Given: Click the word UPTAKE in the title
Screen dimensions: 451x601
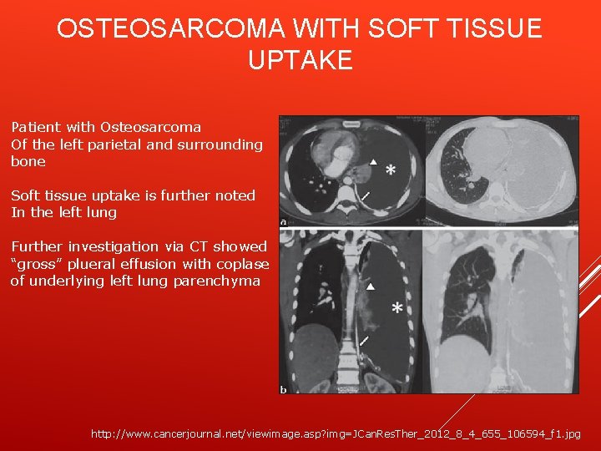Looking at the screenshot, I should [300, 60].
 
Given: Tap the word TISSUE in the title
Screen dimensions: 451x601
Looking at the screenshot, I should [487, 29].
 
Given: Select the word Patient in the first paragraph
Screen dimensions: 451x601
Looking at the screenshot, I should [36, 127].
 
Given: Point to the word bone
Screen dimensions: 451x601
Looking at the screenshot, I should [28, 161].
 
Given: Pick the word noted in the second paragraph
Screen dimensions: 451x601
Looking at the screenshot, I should [235, 195].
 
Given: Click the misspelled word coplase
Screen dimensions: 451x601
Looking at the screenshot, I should [243, 264].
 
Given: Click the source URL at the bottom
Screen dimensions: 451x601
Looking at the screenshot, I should [333, 434].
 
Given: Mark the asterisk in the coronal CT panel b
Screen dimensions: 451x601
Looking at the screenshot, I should [396, 310].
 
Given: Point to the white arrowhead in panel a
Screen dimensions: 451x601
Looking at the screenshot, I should [374, 161].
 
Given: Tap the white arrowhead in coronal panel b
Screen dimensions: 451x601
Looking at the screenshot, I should [372, 286].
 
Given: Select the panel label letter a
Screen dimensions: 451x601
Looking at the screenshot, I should [284, 222].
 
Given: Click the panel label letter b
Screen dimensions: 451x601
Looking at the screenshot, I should [284, 389].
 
